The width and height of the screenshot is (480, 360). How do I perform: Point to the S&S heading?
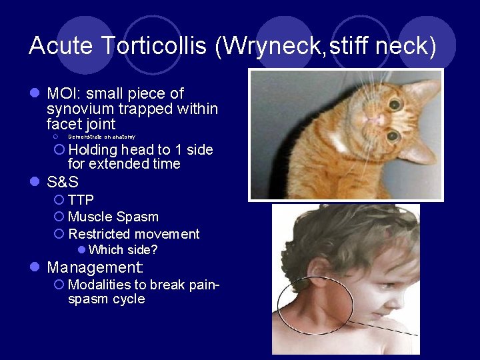[x=63, y=182]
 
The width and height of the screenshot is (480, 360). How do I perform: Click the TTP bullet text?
[x=81, y=200]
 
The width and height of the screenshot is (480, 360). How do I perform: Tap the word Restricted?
[x=99, y=234]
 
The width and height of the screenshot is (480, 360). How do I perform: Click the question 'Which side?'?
[x=123, y=250]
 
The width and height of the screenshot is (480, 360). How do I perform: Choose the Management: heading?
[x=95, y=268]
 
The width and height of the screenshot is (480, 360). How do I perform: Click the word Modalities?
[x=97, y=285]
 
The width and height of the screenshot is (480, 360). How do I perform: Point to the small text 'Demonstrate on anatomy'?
[x=101, y=137]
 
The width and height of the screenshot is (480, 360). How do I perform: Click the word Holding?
[x=93, y=150]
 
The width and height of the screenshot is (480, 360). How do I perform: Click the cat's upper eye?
[x=395, y=105]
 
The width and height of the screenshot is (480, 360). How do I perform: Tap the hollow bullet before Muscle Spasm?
[x=59, y=217]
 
